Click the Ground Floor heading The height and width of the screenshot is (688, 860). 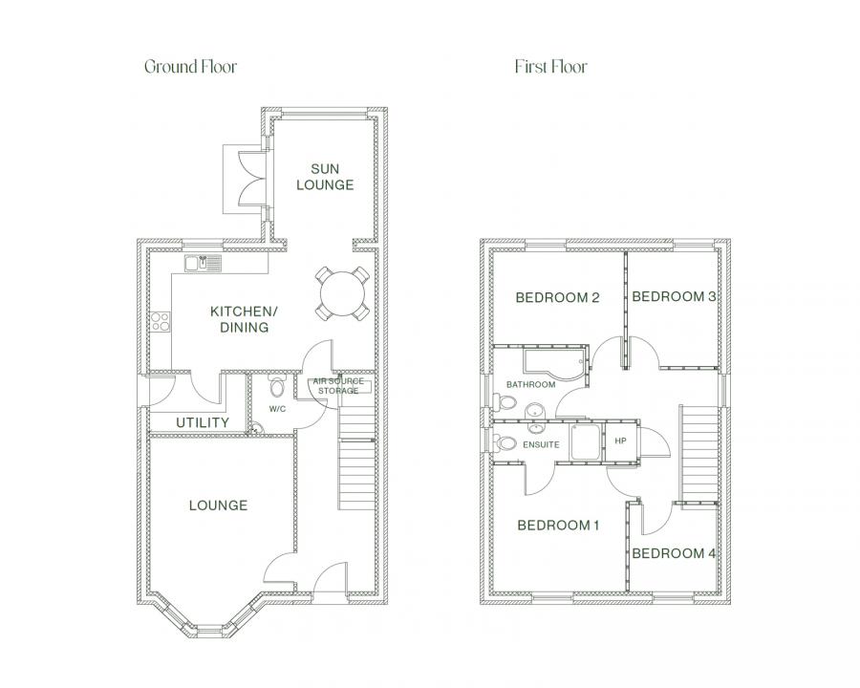[x=190, y=67]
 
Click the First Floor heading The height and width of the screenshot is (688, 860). [x=550, y=67]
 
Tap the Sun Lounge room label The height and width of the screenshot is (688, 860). [x=325, y=177]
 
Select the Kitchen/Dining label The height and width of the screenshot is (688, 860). [x=244, y=319]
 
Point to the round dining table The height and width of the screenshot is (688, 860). [x=342, y=293]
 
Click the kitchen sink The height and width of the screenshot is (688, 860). [x=204, y=264]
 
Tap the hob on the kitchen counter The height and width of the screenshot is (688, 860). [x=161, y=321]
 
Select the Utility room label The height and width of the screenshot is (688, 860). [x=203, y=422]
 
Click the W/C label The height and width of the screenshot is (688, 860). [x=277, y=409]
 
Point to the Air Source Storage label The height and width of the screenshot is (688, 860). [x=338, y=386]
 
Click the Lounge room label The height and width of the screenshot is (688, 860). [x=218, y=505]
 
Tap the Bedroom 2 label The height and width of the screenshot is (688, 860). [x=558, y=298]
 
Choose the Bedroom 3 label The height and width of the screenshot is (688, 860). [x=674, y=297]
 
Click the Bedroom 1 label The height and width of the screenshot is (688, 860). [x=558, y=526]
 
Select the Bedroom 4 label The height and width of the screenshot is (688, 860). [x=674, y=553]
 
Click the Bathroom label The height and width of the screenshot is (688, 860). [x=531, y=384]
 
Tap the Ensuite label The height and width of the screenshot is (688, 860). [x=542, y=444]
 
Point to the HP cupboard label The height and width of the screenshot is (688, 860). [x=620, y=441]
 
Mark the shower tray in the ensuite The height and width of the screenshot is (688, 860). [x=587, y=441]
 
